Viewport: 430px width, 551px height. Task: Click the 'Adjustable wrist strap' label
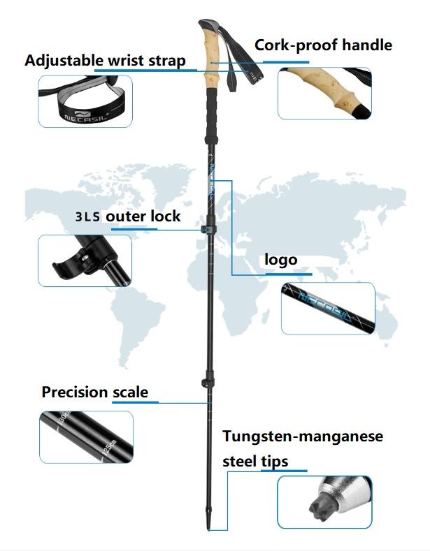point(105,60)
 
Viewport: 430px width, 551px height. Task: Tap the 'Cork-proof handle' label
point(323,46)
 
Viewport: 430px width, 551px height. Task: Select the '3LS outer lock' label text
point(128,216)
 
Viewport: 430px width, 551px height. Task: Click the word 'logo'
point(280,260)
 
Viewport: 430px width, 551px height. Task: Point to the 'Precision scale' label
point(94,392)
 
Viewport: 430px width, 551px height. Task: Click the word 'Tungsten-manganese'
point(303,436)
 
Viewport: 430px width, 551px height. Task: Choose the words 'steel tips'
point(255,461)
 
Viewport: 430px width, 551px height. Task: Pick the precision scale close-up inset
point(85,436)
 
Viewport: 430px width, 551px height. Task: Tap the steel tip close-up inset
point(324,501)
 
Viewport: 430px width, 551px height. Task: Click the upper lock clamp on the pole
point(207,230)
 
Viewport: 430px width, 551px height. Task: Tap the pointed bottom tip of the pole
point(210,524)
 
